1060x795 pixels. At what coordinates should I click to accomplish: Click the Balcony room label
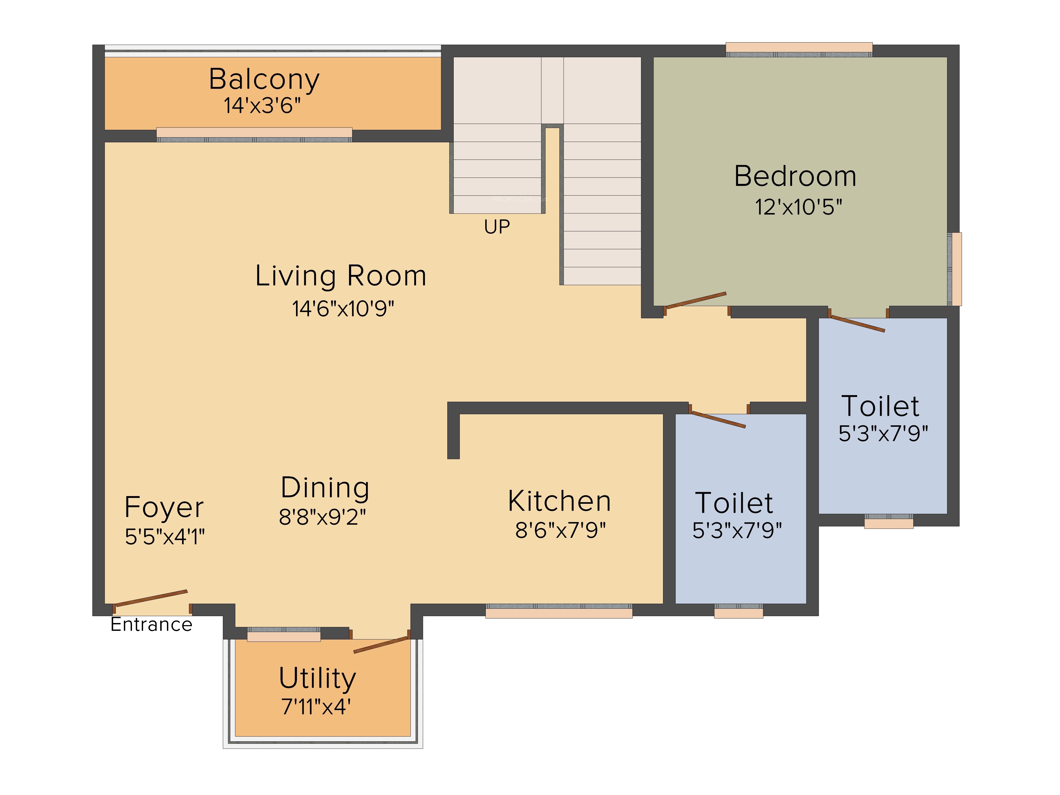point(264,79)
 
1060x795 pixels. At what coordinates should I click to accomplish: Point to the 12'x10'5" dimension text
point(798,207)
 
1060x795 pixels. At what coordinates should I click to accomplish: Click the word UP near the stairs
point(497,227)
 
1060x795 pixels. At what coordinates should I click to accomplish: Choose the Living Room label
point(341,276)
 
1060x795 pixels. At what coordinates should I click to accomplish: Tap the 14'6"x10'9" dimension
point(343,309)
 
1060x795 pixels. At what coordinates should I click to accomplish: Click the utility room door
point(381,644)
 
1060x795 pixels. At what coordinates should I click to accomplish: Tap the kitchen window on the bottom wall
point(559,611)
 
